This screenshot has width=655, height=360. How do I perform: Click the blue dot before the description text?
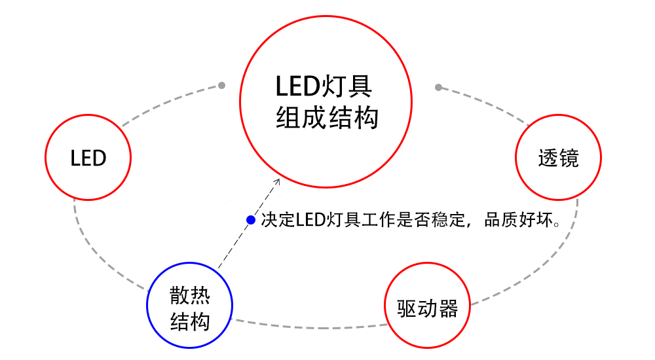coord(251,219)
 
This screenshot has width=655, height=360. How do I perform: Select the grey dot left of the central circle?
coord(222,85)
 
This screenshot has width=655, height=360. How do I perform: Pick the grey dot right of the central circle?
coord(438,87)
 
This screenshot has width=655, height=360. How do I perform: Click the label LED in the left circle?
coord(88,158)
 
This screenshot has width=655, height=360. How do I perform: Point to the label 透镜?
coord(559,158)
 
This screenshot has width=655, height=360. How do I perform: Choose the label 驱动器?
coord(427,308)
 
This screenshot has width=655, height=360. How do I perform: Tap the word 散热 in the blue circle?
coord(189,296)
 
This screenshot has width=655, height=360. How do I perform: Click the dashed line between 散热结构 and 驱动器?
coord(308,323)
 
